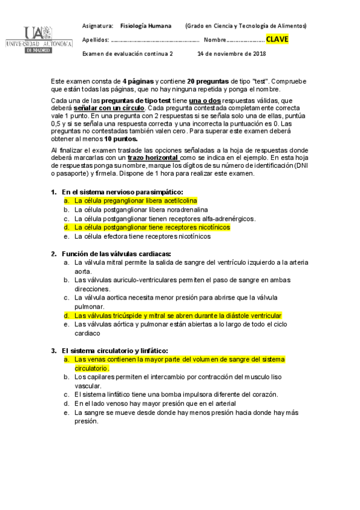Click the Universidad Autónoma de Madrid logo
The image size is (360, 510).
(38, 40)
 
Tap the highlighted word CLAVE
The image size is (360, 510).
(277, 40)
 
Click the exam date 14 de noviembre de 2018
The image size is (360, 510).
(231, 54)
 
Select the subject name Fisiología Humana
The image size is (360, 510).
(145, 26)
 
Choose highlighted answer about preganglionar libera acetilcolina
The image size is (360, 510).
(135, 201)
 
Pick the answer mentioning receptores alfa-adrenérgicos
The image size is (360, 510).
(165, 219)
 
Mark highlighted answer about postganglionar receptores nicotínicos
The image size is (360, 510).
(152, 228)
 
